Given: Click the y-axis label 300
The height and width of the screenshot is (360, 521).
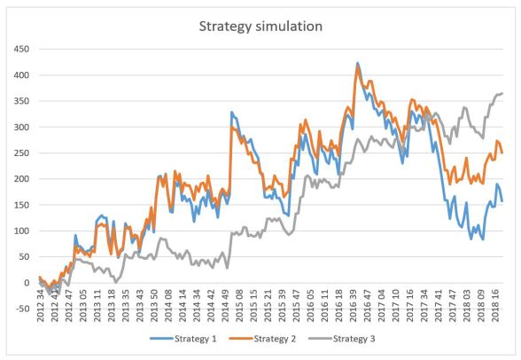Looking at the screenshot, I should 20,127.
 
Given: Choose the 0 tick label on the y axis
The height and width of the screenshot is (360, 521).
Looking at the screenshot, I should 27,283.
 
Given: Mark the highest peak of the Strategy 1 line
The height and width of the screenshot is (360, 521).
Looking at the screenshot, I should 357,63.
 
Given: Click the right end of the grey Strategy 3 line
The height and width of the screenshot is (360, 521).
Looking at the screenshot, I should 502,93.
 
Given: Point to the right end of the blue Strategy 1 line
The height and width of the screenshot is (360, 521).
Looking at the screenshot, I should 502,200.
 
